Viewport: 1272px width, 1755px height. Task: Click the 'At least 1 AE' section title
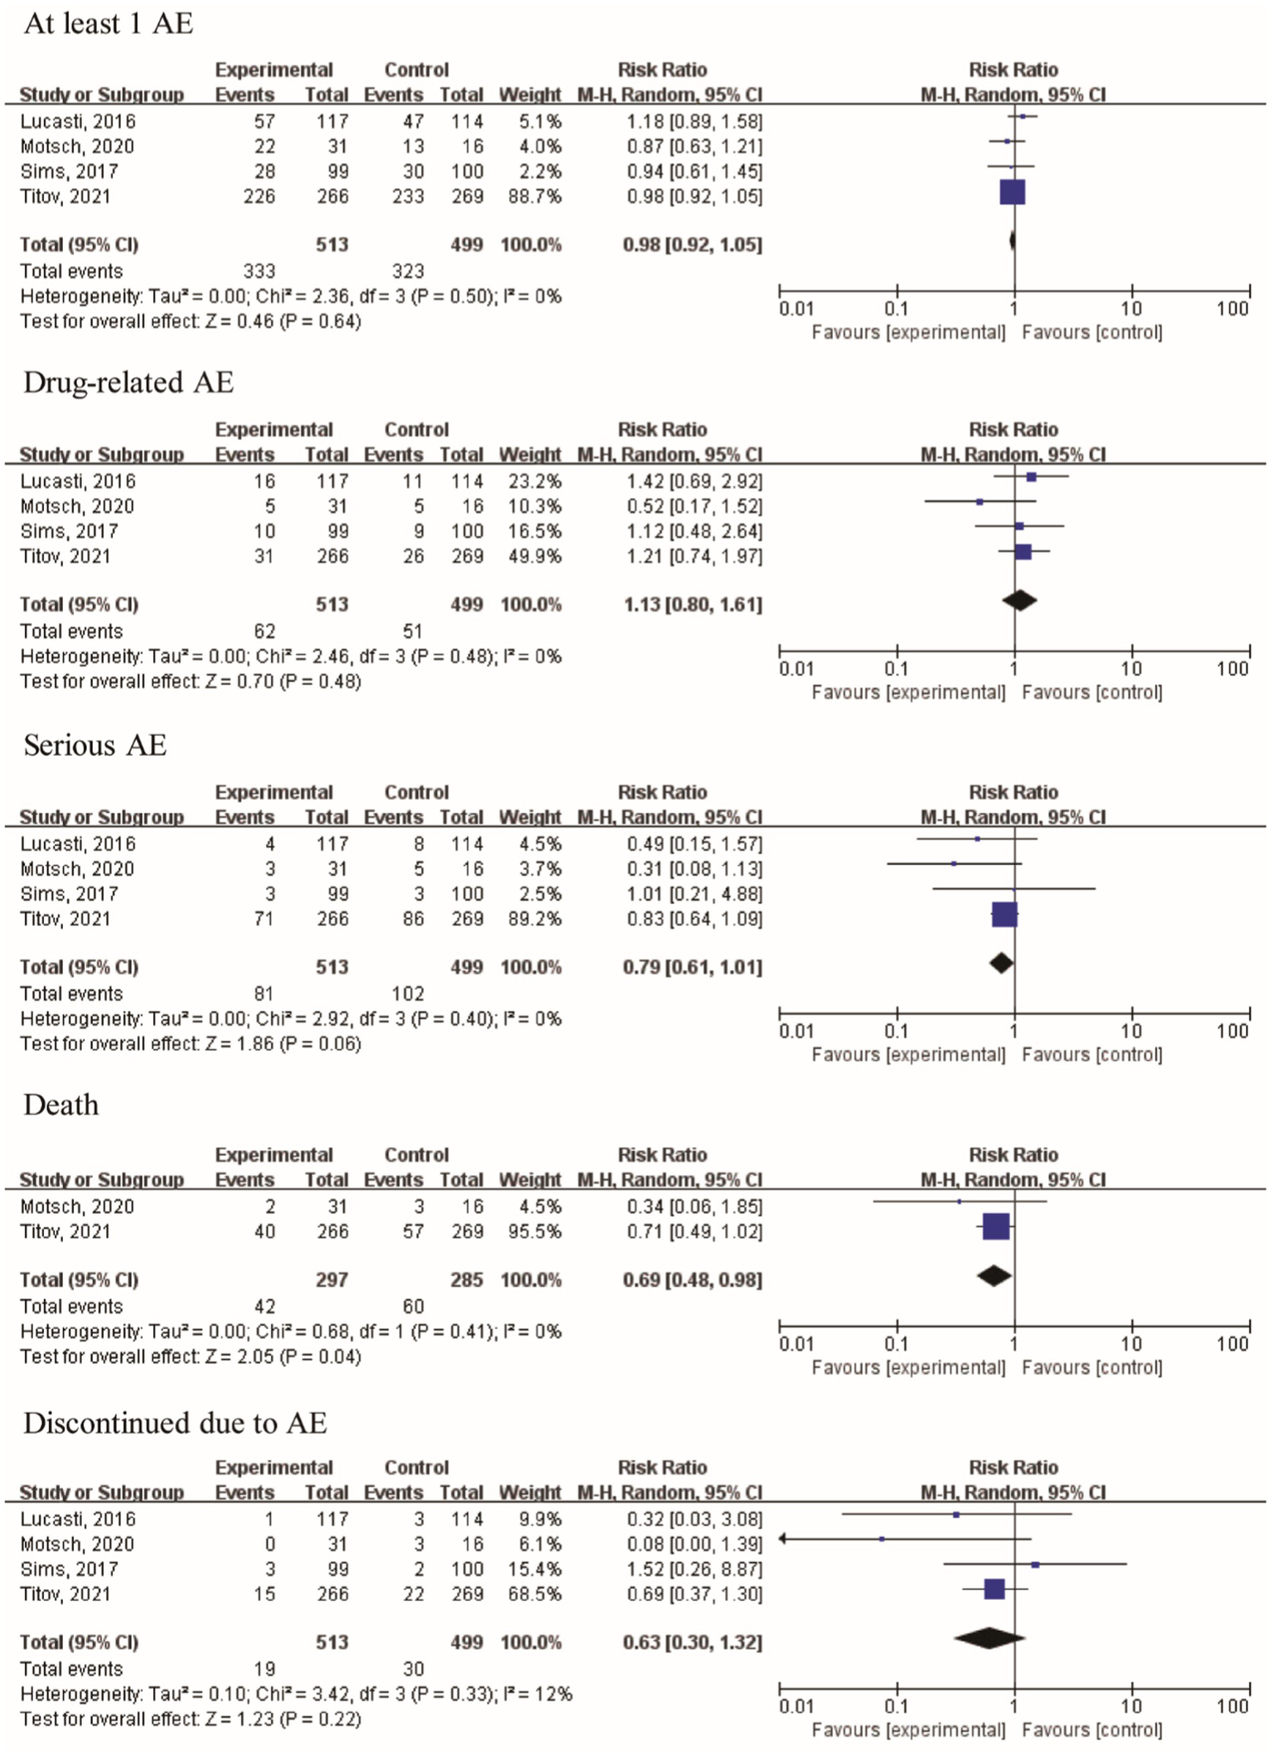click(109, 23)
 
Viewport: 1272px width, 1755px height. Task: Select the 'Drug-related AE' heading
click(128, 382)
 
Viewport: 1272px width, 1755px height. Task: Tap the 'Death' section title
click(61, 1105)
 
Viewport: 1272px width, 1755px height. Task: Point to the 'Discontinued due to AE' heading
click(175, 1422)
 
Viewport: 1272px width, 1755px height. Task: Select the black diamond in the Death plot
click(994, 1276)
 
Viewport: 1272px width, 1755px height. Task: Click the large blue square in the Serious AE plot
click(1004, 915)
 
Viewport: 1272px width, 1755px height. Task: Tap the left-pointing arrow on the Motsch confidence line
click(783, 1539)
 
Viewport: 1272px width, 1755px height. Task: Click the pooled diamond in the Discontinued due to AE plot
click(989, 1637)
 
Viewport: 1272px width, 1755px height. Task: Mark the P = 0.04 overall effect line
click(191, 1356)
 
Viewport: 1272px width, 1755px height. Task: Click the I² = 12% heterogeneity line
click(296, 1694)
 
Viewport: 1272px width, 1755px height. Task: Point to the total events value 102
click(408, 994)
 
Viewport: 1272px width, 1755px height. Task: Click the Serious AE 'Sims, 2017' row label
click(70, 894)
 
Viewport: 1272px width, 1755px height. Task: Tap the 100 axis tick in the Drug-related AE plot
click(1232, 669)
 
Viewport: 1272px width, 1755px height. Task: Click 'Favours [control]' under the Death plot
click(1091, 1367)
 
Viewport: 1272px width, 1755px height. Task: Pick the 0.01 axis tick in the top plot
click(796, 309)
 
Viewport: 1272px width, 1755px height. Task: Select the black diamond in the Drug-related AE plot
click(1019, 601)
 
